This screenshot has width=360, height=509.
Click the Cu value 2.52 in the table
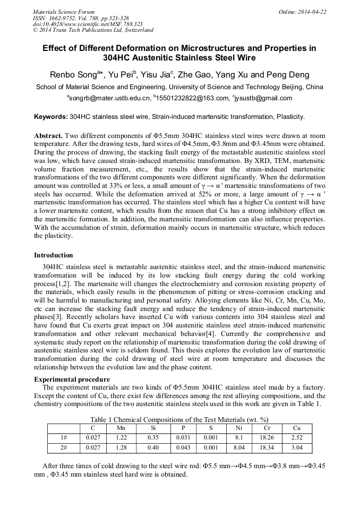click(x=296, y=437)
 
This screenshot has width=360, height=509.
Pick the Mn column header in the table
click(x=121, y=427)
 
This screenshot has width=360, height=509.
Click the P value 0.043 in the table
click(x=183, y=447)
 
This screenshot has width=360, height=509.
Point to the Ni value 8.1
click(x=238, y=437)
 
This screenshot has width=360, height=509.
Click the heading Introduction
click(x=54, y=255)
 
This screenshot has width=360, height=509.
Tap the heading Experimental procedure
click(x=72, y=379)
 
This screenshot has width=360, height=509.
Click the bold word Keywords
click(x=51, y=116)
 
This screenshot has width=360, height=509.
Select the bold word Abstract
click(x=49, y=135)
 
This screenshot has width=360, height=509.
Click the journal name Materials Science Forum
click(x=64, y=12)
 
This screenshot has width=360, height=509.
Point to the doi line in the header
click(x=88, y=24)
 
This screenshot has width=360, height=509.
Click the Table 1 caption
click(x=179, y=419)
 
